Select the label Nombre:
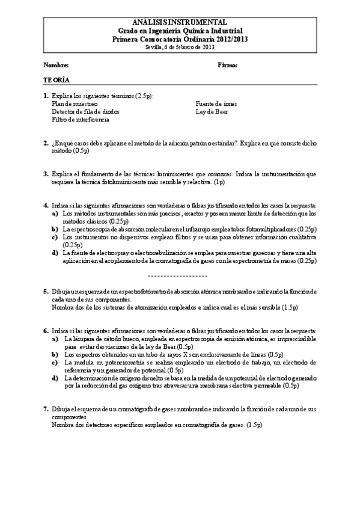[56, 64]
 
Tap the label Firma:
[227, 64]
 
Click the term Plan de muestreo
[75, 103]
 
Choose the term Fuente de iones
[216, 103]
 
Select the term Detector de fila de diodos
[85, 111]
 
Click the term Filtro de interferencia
[81, 119]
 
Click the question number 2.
[46, 143]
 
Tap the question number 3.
[46, 174]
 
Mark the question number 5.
[46, 291]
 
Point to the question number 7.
[46, 409]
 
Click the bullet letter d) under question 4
[55, 253]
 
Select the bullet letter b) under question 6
[55, 354]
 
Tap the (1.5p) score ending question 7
[254, 425]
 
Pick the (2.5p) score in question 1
[144, 96]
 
